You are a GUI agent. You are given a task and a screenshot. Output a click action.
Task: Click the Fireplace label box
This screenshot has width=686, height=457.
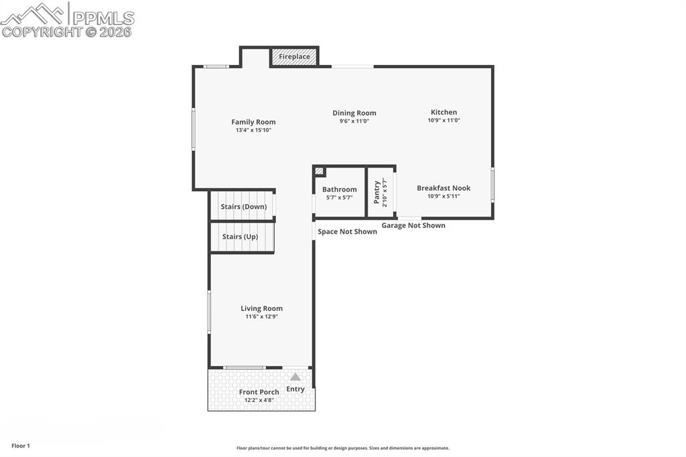click(x=294, y=57)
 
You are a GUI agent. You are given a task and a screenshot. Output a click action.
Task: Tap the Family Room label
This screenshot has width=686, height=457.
click(x=253, y=122)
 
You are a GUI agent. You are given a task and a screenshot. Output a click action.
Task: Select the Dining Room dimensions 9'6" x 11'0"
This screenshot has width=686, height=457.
click(x=354, y=121)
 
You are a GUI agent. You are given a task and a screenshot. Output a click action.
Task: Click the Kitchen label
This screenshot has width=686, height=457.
click(x=443, y=113)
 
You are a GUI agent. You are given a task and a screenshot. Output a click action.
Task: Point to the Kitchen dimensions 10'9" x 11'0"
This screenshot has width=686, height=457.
click(x=443, y=121)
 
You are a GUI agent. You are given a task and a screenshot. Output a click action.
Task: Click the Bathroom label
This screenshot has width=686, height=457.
click(x=339, y=190)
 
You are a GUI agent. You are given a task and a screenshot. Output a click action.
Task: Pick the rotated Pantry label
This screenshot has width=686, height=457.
click(x=377, y=192)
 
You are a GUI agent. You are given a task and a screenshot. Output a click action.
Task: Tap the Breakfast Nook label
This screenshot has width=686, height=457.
click(x=443, y=188)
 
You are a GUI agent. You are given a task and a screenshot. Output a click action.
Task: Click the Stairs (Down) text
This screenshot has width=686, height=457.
click(x=244, y=207)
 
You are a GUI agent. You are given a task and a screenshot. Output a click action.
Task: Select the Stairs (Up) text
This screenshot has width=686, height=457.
click(x=240, y=237)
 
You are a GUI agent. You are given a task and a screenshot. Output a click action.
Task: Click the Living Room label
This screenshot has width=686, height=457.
click(x=261, y=309)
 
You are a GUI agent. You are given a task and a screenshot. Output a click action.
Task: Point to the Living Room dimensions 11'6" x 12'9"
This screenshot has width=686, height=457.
click(x=261, y=317)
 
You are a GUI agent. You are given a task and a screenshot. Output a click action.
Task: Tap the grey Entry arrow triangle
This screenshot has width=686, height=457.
click(x=295, y=377)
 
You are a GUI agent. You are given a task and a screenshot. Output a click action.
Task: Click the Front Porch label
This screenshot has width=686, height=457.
click(x=259, y=392)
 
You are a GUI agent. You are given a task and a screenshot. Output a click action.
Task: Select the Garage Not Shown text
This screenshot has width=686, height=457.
click(x=413, y=226)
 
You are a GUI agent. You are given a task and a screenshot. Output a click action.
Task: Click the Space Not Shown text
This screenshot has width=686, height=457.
click(x=347, y=232)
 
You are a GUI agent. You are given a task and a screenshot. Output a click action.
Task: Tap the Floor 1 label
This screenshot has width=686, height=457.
click(x=21, y=446)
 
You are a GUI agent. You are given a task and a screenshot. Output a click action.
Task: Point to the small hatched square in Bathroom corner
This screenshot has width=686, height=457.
click(x=320, y=172)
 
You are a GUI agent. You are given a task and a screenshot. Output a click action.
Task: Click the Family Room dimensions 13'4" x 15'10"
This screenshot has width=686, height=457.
click(x=253, y=130)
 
